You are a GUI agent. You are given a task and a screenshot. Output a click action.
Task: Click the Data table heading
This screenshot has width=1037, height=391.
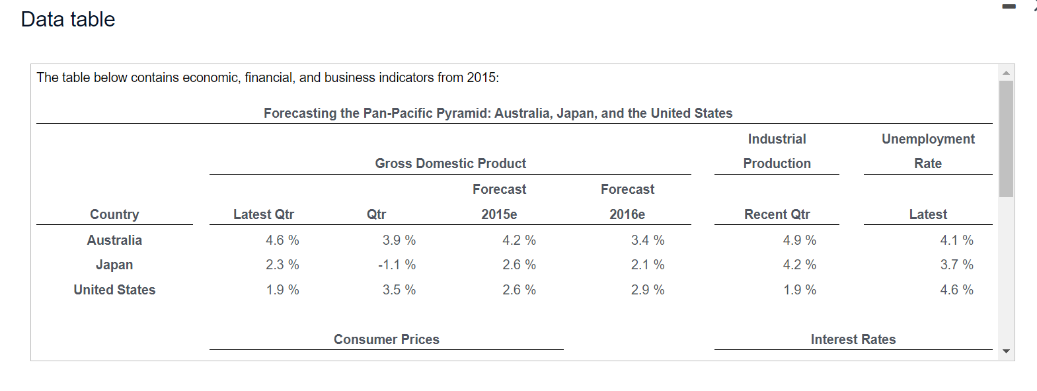point(68,19)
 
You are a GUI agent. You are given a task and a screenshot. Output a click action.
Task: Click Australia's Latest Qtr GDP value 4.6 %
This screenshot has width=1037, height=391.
point(282,240)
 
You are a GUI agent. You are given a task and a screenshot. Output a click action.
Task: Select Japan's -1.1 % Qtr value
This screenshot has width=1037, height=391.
point(397,265)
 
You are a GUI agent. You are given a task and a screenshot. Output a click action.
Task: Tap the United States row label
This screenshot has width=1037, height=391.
point(114,290)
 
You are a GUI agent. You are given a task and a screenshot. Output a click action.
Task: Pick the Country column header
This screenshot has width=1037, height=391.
point(114,214)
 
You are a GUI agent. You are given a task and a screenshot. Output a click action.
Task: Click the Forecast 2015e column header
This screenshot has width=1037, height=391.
point(499,202)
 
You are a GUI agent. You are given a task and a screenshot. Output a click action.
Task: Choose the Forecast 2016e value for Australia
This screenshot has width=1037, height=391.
point(647,240)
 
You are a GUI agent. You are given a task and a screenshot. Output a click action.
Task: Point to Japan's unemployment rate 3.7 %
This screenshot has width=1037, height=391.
point(956,265)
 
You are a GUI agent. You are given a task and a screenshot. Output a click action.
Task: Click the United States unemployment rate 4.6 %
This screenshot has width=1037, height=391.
point(956,290)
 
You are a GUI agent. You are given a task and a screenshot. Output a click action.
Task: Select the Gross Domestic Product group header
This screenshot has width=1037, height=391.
point(450,163)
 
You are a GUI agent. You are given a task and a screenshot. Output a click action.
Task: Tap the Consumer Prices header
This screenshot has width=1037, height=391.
point(386,339)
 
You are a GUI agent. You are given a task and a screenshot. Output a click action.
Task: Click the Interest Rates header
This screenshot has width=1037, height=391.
point(853,339)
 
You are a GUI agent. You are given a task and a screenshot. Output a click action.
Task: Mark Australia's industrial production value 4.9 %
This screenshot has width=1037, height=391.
point(799,240)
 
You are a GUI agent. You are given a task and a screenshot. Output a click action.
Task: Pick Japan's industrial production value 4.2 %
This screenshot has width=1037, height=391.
point(799,265)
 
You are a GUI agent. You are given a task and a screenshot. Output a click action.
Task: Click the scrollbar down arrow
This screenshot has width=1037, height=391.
point(1006,351)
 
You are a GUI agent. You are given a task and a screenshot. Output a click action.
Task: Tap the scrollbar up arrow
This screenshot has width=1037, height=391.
point(1006,73)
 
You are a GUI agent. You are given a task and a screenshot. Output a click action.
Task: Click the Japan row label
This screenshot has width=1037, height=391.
point(114,265)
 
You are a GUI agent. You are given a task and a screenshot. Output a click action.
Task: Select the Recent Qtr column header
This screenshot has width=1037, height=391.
point(777,214)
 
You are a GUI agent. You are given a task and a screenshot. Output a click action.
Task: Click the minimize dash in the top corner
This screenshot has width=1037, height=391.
point(1009,7)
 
